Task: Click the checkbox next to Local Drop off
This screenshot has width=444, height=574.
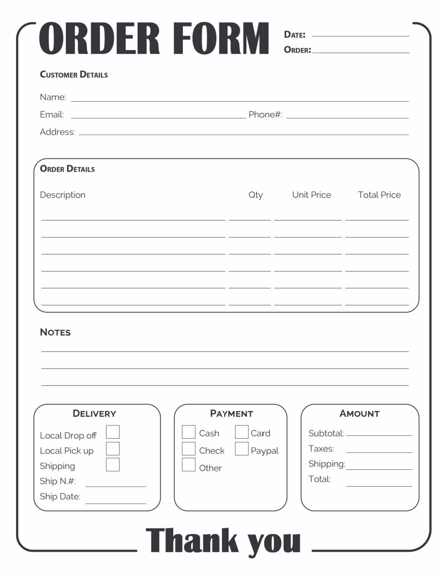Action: (x=113, y=432)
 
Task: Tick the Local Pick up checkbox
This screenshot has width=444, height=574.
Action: (x=113, y=448)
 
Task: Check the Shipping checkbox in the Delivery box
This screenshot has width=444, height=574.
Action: (x=113, y=464)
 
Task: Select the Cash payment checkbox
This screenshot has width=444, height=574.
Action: (x=189, y=432)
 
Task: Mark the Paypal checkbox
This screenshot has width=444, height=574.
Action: (x=242, y=449)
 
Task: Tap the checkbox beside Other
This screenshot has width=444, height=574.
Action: (x=189, y=465)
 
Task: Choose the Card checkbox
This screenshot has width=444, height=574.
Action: (x=242, y=432)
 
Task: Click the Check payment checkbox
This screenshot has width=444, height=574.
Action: (x=189, y=449)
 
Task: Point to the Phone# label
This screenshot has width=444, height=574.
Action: (x=265, y=114)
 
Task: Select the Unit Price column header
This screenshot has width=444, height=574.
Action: (x=311, y=195)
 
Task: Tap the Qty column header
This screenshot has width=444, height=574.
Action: (x=255, y=195)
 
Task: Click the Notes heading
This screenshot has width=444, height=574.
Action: (x=55, y=332)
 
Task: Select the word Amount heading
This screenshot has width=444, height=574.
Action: (x=359, y=413)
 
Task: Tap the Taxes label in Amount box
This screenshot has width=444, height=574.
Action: (x=321, y=448)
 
